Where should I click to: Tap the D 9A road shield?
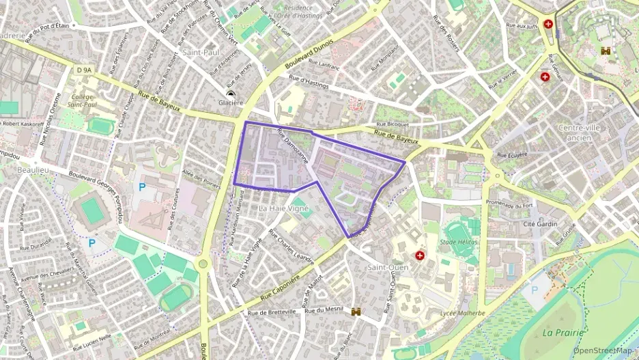[84, 69]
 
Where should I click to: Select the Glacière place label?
[230, 102]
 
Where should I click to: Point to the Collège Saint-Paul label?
[83, 100]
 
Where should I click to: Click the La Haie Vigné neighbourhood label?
[284, 207]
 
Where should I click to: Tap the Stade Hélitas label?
[459, 243]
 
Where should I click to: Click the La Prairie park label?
[563, 333]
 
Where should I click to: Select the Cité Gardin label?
[540, 224]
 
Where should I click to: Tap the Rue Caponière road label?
[281, 288]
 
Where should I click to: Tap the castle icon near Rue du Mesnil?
[356, 311]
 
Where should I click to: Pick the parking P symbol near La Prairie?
[534, 290]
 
